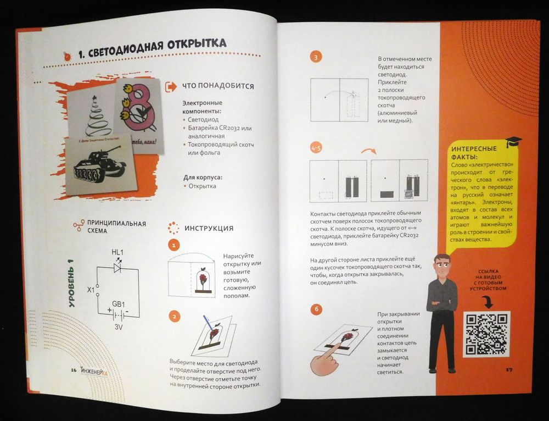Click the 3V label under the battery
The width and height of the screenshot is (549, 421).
pos(119,327)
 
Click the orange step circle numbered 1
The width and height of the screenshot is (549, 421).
pos(173,246)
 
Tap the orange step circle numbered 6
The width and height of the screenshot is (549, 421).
pos(316,309)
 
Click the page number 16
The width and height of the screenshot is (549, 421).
pos(74,370)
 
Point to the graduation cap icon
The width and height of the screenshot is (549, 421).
pos(514,142)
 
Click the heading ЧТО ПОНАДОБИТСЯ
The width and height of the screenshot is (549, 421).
pos(217,86)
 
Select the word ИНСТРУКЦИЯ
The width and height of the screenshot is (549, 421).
pos(209,229)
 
